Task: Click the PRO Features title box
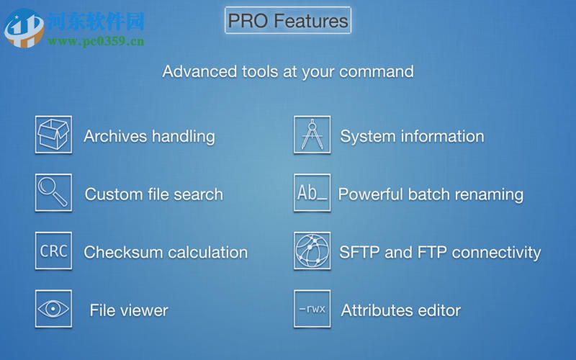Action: click(288, 20)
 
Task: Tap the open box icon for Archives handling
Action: click(53, 135)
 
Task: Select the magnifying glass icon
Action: click(53, 193)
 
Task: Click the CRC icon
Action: click(53, 251)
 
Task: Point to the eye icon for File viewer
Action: click(53, 310)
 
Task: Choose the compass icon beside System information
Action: click(312, 135)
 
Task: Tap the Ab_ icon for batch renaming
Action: click(312, 193)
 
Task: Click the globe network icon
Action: click(312, 251)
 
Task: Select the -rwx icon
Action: click(312, 310)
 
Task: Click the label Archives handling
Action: click(149, 136)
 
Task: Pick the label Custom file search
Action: click(154, 194)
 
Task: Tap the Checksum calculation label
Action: click(166, 253)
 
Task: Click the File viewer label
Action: click(129, 311)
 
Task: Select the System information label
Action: click(412, 136)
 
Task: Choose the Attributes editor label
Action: click(400, 311)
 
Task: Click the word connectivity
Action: click(496, 253)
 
